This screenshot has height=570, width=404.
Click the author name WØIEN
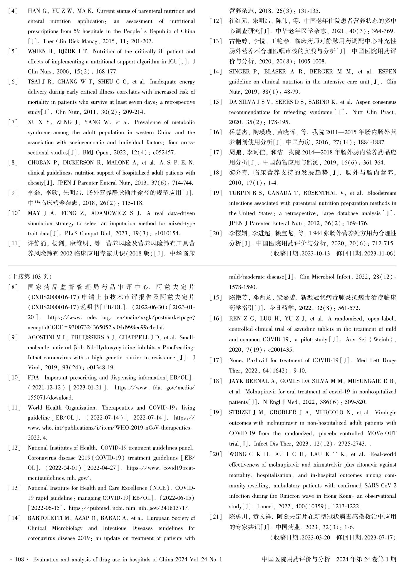[x=37, y=52]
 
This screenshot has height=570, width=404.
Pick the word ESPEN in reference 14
[x=387, y=72]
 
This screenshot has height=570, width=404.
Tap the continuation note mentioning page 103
[x=30, y=276]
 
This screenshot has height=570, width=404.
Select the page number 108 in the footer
[x=19, y=559]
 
